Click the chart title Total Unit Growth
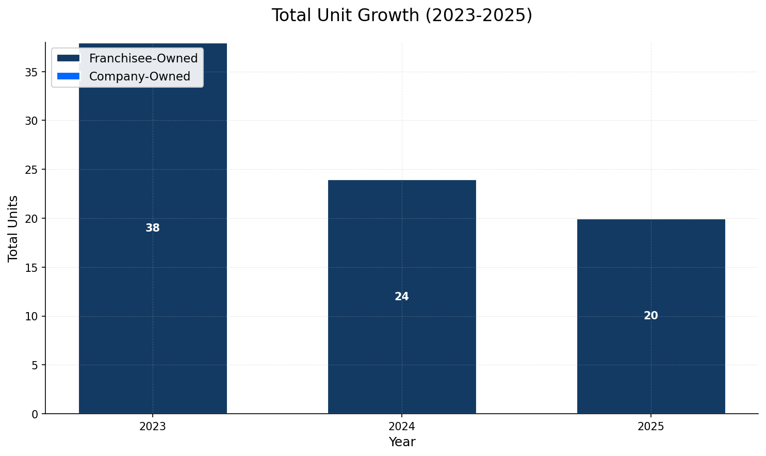(402, 15)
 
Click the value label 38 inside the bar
(153, 228)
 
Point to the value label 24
(402, 297)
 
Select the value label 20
(651, 316)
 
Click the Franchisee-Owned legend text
(143, 58)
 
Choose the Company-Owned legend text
(140, 76)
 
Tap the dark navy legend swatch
(69, 58)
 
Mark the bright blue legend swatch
(69, 76)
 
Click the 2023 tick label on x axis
(153, 427)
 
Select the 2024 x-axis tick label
(402, 427)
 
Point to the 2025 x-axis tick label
(651, 427)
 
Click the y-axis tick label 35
(31, 72)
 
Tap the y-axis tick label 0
(35, 414)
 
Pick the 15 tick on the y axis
(31, 268)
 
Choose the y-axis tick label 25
(31, 170)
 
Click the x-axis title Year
(402, 442)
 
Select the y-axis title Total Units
(13, 229)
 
